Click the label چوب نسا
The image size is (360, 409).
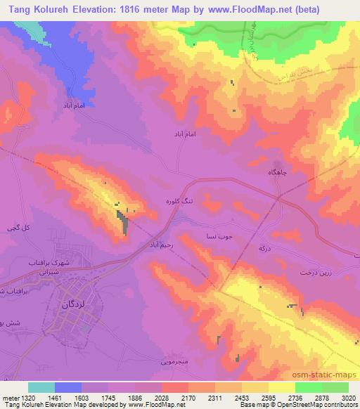point(214,237)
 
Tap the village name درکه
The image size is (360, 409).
point(265,249)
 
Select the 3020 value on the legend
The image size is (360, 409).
point(348,397)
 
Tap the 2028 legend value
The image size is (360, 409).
point(161,397)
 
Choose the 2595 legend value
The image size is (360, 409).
point(268,397)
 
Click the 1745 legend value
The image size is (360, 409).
point(108,397)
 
